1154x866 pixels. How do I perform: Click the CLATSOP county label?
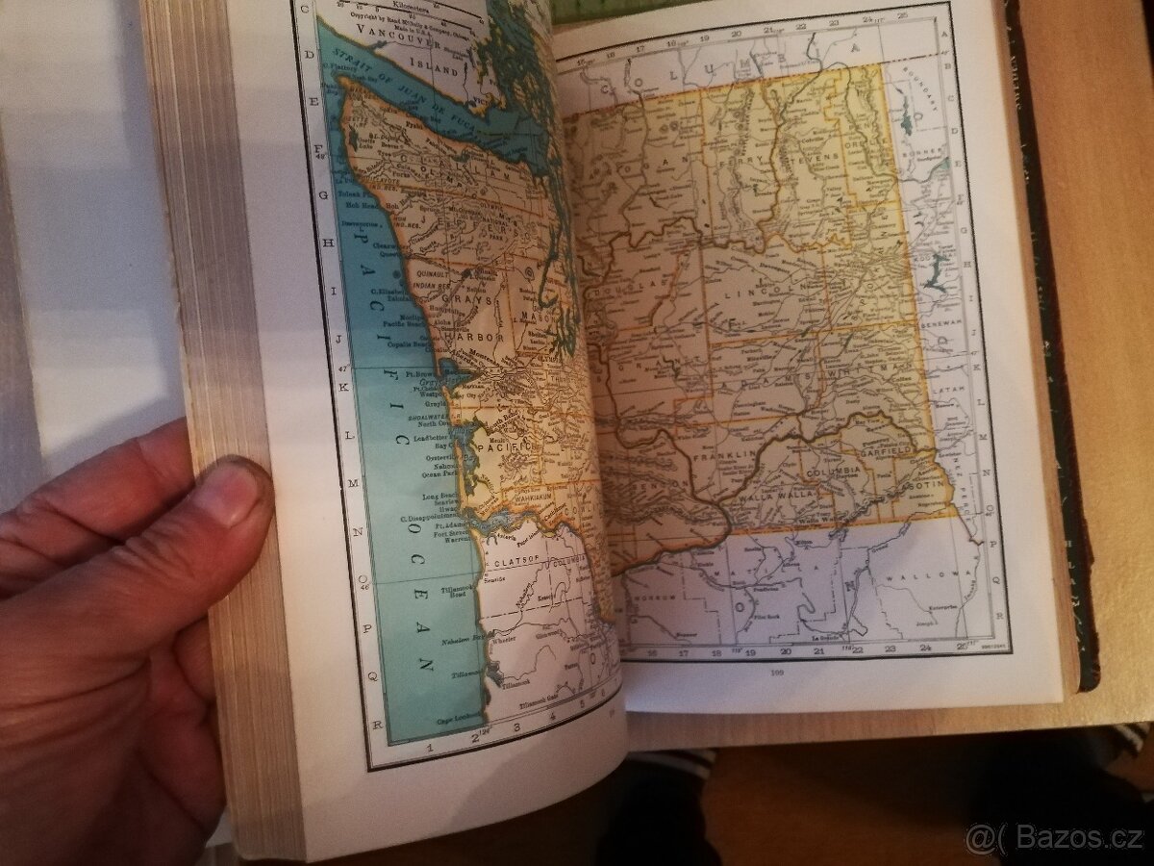[515, 557]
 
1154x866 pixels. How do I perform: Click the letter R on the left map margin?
[380, 724]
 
